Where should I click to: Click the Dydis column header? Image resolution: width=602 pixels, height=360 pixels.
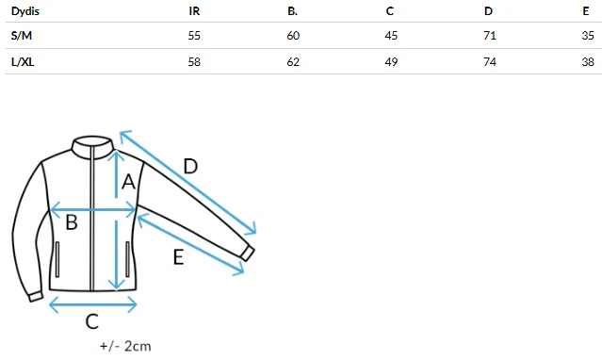[25, 11]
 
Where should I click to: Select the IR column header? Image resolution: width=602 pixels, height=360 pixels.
[194, 11]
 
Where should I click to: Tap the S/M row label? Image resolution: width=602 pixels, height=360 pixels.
[22, 36]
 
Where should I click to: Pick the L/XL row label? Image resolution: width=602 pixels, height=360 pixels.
[23, 61]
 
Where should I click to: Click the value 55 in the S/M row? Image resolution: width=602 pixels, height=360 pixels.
[194, 36]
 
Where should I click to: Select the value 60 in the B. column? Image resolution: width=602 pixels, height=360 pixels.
[293, 36]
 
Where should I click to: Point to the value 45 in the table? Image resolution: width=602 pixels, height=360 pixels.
[391, 36]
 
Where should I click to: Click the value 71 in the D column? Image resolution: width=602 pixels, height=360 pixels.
[490, 36]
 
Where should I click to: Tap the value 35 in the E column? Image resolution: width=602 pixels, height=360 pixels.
[588, 36]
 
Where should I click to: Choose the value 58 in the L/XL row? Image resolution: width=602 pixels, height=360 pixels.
[194, 62]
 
